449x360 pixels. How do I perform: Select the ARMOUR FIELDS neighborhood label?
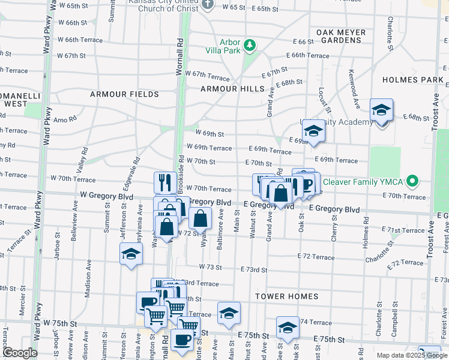[x=124, y=94]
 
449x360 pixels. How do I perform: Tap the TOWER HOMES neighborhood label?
[x=286, y=296]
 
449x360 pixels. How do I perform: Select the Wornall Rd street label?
[x=179, y=56]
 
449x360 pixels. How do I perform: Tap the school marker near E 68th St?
[x=381, y=110]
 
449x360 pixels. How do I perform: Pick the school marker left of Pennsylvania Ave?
[x=131, y=254]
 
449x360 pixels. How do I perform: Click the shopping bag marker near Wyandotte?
[x=201, y=218]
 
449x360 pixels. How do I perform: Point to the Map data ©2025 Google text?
[x=411, y=355]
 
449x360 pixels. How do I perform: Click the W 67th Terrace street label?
[x=207, y=77]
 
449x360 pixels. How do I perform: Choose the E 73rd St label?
[x=253, y=270]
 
